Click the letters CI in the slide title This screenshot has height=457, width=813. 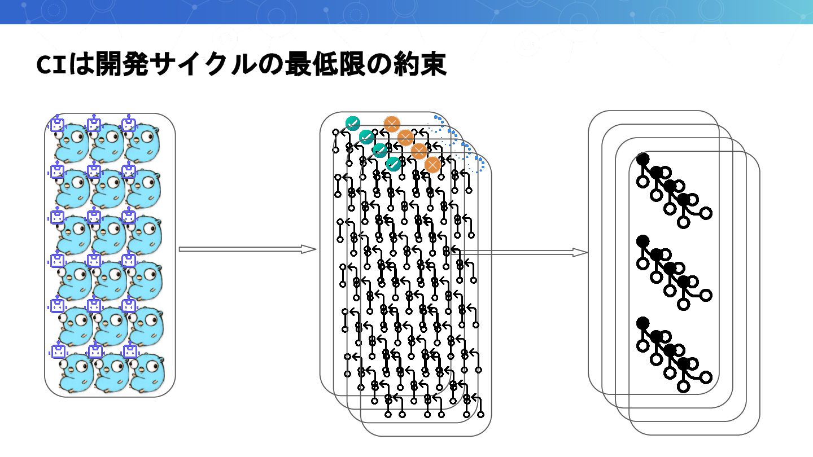(51, 64)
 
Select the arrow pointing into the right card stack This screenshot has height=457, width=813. (519, 252)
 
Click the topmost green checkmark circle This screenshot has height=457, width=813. (353, 123)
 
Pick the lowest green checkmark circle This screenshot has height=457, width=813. (394, 164)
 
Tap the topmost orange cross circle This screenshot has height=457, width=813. (392, 124)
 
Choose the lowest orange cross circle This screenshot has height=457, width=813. (432, 165)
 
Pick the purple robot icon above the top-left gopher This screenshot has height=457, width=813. (57, 124)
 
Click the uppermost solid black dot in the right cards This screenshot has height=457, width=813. (642, 159)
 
